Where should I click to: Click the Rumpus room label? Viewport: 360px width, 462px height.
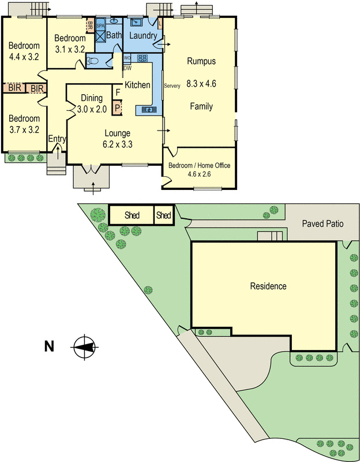(201, 61)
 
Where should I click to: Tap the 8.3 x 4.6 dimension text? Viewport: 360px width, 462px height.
(201, 84)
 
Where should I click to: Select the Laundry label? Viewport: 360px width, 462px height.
(143, 36)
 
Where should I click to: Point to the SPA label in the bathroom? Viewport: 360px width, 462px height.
(99, 26)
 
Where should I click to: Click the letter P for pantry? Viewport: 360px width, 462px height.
(117, 107)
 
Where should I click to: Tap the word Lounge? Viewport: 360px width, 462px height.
(117, 133)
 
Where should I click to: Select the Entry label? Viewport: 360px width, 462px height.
(57, 139)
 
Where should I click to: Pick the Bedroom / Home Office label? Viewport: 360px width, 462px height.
(199, 166)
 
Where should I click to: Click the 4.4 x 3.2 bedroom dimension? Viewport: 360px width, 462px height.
(24, 57)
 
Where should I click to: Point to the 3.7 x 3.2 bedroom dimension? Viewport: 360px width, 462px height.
(24, 129)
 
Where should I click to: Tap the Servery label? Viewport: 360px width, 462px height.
(172, 86)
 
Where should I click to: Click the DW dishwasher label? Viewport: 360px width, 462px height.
(127, 68)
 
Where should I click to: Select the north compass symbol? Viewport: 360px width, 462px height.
(84, 346)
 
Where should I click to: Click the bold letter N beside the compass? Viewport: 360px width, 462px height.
(49, 346)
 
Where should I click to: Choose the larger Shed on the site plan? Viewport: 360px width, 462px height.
(132, 215)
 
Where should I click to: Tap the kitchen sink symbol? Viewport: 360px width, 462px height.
(149, 109)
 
